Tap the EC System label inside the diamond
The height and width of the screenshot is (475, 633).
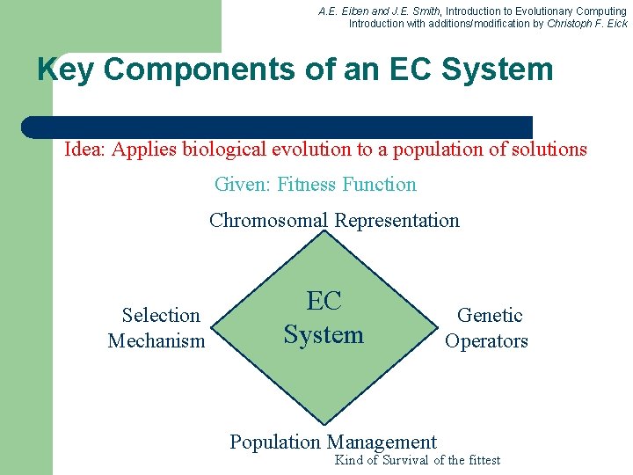[x=324, y=318]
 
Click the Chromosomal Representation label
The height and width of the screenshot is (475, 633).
[x=334, y=220]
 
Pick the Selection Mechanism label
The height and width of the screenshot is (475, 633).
[x=157, y=328]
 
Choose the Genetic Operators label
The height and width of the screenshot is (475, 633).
[x=487, y=328]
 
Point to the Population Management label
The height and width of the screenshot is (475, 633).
[x=332, y=442]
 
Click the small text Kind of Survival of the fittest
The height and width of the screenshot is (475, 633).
[x=417, y=460]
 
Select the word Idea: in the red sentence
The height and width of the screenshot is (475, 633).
[x=85, y=150]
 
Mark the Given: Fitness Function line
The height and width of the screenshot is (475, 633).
[x=315, y=185]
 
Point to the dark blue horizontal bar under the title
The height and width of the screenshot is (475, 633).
[x=277, y=127]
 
